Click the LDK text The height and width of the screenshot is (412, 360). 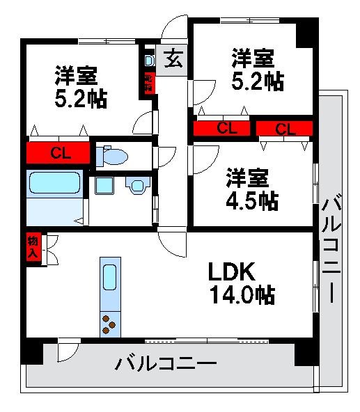235,271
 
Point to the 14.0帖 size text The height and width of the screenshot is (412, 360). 242,295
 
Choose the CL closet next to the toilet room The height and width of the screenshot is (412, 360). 58,153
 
